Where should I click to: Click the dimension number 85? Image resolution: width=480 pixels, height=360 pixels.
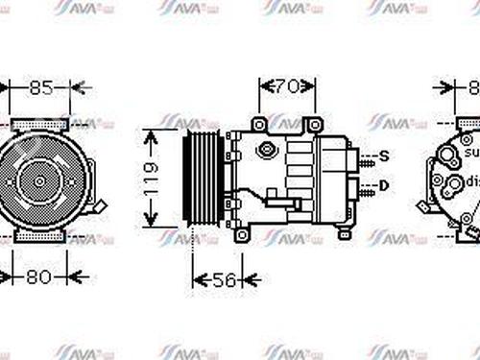pyautogui.click(x=39, y=89)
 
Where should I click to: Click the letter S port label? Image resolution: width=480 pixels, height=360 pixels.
pyautogui.click(x=383, y=156)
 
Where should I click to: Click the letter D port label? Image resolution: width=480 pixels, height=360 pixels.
pyautogui.click(x=384, y=184)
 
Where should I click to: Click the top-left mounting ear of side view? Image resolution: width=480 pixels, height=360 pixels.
pyautogui.click(x=258, y=126)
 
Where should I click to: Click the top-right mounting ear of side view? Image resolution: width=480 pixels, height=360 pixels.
pyautogui.click(x=313, y=126)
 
